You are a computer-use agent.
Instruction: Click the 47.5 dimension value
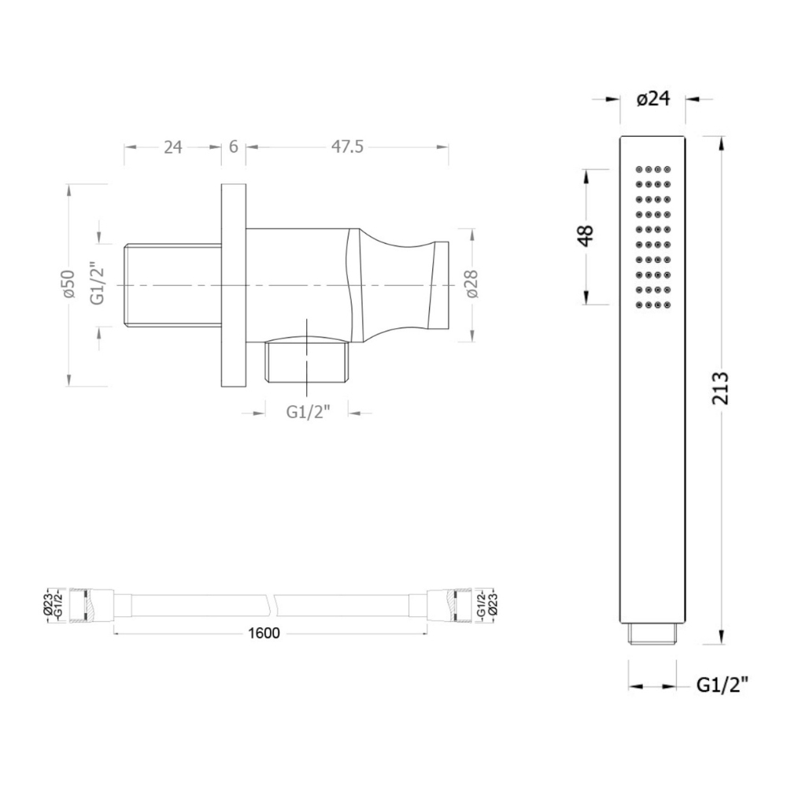coord(347,147)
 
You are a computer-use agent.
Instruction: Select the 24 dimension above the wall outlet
coord(173,147)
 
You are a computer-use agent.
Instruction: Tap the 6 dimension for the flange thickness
coord(234,147)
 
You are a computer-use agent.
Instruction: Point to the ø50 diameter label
coord(68,284)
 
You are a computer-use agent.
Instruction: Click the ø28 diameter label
coord(471,284)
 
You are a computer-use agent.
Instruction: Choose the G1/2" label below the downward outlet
coord(308,412)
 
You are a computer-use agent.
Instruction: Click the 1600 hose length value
coord(264,633)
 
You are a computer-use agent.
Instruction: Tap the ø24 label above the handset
coord(653,99)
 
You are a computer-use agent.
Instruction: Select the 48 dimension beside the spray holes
coord(586,235)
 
